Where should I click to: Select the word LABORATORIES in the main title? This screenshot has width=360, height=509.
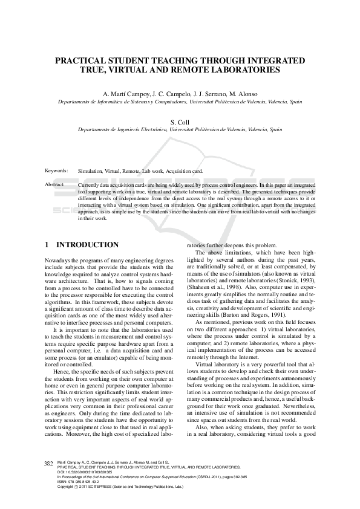[x=246, y=70]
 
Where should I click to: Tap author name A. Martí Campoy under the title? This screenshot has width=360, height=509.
[x=125, y=94]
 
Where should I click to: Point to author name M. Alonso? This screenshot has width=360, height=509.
[x=243, y=94]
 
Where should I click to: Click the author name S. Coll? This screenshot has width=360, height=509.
[x=180, y=122]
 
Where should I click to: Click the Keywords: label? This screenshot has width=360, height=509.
[x=56, y=171]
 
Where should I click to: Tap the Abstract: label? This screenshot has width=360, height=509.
[x=55, y=184]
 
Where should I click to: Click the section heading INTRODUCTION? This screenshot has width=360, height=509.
[x=87, y=245]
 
